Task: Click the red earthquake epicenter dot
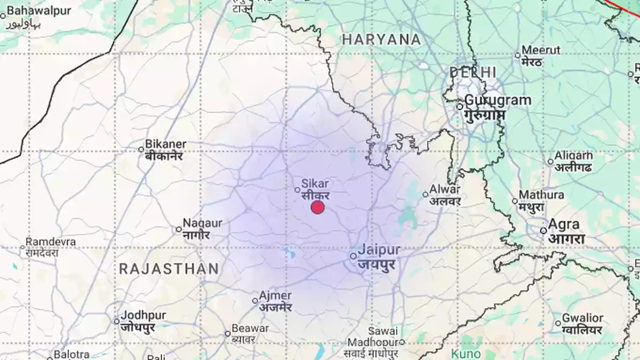318,207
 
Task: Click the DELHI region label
473,72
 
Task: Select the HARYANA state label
381,39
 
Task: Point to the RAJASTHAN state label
169,269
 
